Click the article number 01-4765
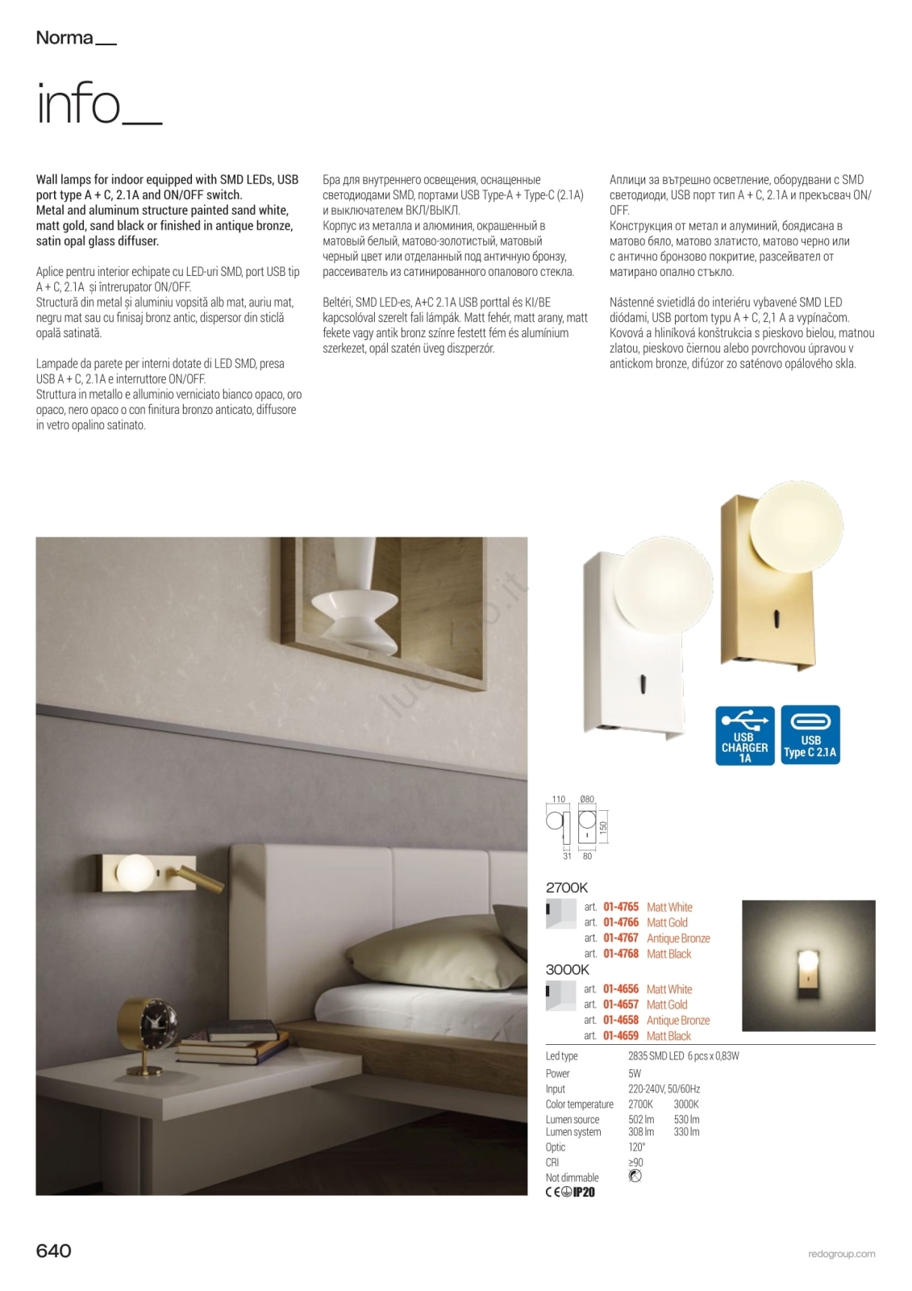[620, 907]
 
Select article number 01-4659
[620, 1036]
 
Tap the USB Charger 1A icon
[744, 735]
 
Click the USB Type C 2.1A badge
[810, 735]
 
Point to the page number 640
[54, 1251]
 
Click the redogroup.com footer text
[841, 1254]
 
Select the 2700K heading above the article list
[567, 888]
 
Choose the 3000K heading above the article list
[568, 970]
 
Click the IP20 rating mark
[583, 1193]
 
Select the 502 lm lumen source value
[641, 1120]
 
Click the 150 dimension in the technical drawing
[603, 827]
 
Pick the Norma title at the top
[65, 38]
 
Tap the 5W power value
[635, 1074]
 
